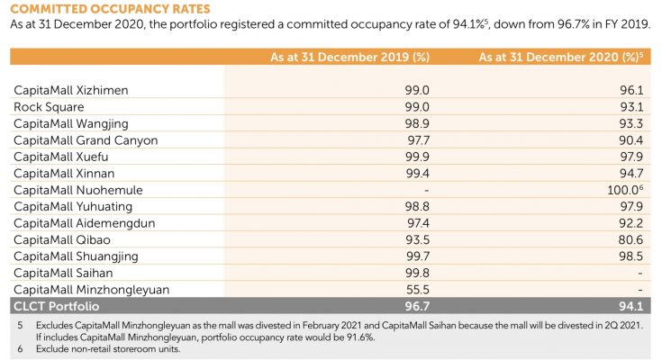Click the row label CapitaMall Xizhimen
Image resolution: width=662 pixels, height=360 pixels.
tap(71, 90)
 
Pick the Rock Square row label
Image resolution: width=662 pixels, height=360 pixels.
tap(50, 107)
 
